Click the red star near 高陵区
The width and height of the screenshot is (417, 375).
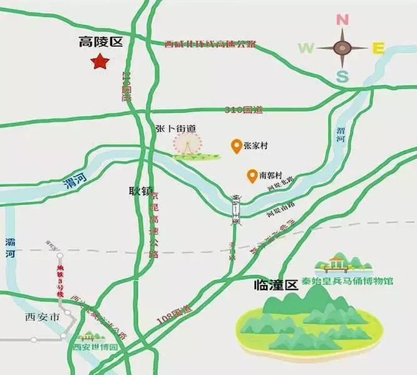100,62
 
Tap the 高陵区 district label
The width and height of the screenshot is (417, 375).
100,42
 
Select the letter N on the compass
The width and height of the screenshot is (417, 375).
342,19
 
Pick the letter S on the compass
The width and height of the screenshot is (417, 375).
342,77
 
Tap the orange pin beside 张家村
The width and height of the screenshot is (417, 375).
236,146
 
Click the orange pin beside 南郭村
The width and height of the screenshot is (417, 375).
252,176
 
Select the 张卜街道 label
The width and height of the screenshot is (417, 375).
176,128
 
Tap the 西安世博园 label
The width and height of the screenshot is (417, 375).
95,347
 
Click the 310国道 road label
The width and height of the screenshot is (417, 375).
244,110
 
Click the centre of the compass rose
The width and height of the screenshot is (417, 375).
342,47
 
